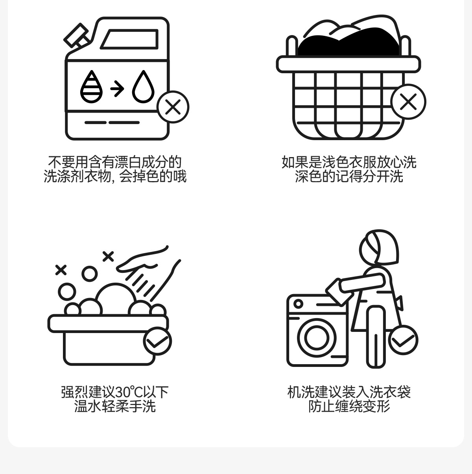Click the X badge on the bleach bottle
click(x=173, y=107)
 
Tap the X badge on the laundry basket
click(x=408, y=102)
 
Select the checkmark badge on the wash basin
click(x=157, y=341)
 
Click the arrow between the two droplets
click(x=117, y=89)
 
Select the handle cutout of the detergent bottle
click(x=129, y=39)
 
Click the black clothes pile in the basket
click(x=348, y=43)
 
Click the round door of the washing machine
click(x=316, y=337)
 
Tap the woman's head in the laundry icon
click(x=379, y=248)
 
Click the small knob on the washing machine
click(x=298, y=304)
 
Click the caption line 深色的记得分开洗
click(x=349, y=176)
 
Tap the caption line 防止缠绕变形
click(x=349, y=406)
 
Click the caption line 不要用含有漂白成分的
click(x=115, y=162)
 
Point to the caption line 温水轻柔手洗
click(x=115, y=406)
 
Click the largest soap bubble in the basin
click(x=115, y=299)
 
